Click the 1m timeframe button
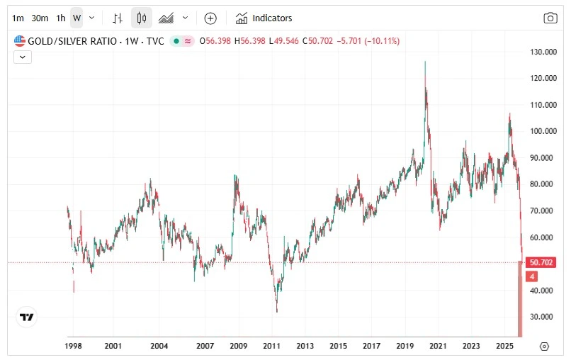click(18, 18)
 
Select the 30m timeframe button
click(40, 18)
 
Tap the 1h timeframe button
click(61, 18)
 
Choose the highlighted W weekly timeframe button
click(77, 18)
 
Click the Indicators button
click(264, 18)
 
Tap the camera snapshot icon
click(550, 18)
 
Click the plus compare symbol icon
click(210, 18)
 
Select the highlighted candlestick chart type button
click(142, 18)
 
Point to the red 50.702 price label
click(542, 262)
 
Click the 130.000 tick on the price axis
click(542, 52)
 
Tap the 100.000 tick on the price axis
click(542, 131)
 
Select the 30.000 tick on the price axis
click(542, 317)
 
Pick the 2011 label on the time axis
click(271, 347)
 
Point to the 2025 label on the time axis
click(504, 347)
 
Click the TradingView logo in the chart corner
click(27, 317)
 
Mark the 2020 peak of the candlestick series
click(425, 62)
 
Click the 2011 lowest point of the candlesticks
click(277, 311)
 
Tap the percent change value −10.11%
click(382, 41)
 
